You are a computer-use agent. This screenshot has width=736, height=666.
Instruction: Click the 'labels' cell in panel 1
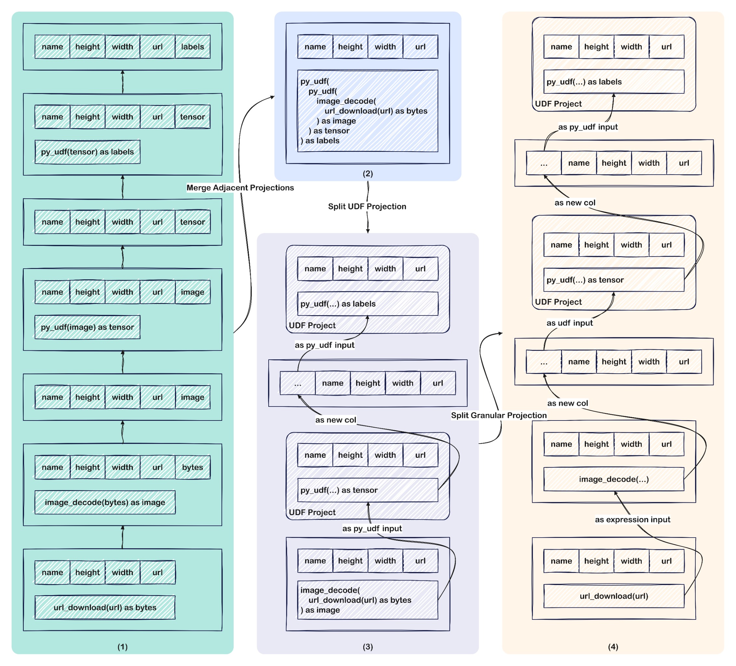(x=193, y=47)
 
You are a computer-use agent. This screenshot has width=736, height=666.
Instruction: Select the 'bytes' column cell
(x=193, y=467)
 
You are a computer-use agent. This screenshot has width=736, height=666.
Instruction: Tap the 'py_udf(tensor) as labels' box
(x=87, y=152)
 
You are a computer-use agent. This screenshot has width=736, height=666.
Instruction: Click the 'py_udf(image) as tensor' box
(x=87, y=327)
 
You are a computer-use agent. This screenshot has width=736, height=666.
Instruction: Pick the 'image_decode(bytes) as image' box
(x=105, y=502)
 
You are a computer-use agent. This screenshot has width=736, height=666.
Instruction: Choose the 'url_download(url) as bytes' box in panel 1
(x=105, y=607)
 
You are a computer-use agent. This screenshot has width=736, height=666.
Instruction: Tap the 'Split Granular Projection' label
(x=499, y=415)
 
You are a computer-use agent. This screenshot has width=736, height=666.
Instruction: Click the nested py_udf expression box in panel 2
(x=368, y=111)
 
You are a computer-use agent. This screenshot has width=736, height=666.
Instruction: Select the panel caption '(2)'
(x=368, y=173)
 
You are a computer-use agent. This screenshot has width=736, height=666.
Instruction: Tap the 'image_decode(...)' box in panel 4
(x=614, y=479)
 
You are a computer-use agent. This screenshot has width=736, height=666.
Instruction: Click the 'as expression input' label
(x=632, y=519)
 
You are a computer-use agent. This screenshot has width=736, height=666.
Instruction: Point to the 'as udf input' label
(x=569, y=323)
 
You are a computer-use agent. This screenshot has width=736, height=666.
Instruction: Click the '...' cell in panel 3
(x=298, y=383)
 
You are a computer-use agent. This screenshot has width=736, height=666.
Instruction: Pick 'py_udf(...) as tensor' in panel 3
(x=368, y=490)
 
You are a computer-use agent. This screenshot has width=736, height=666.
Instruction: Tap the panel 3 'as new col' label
(x=336, y=420)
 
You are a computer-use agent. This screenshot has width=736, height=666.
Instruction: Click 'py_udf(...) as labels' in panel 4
(x=614, y=82)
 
